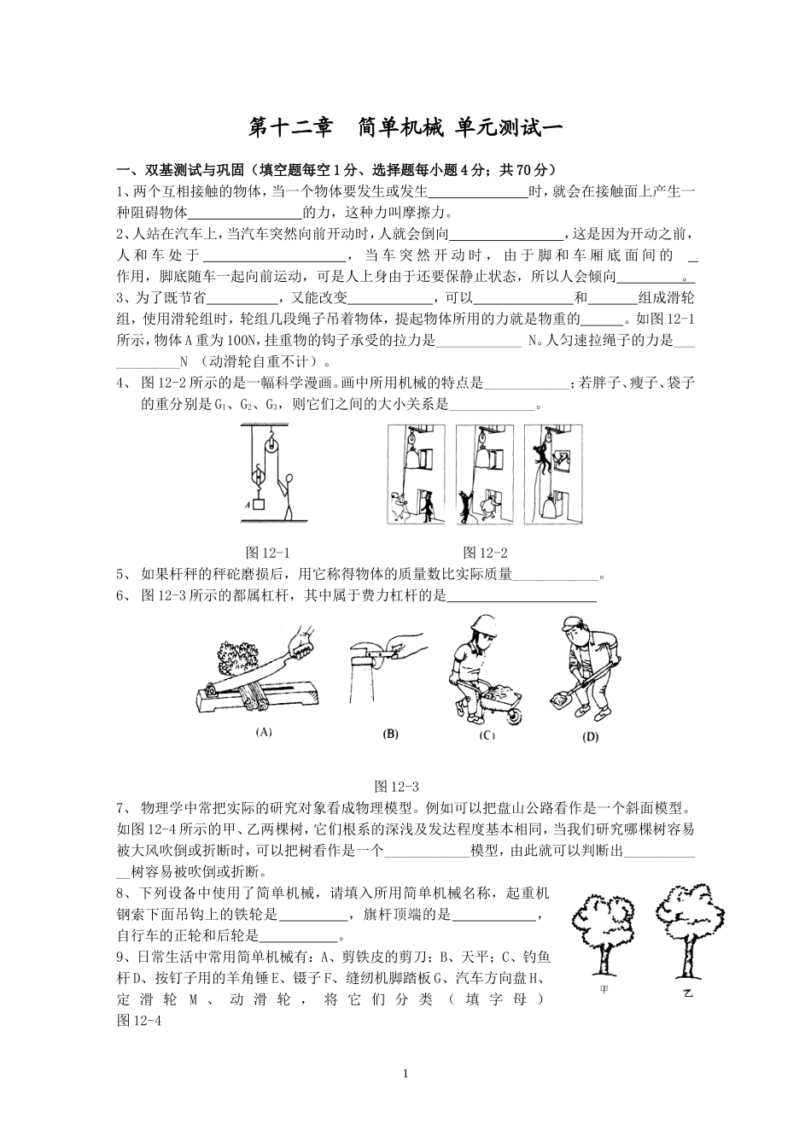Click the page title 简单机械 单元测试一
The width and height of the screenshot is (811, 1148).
click(x=405, y=127)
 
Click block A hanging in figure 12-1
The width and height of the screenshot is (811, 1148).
click(x=258, y=504)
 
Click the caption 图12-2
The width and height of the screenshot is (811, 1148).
click(x=485, y=553)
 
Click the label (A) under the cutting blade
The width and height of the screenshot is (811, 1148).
click(x=264, y=731)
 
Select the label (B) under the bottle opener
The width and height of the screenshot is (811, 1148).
click(x=390, y=732)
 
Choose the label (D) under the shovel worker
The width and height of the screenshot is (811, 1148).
click(x=588, y=735)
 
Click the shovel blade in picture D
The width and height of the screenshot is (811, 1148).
click(x=561, y=700)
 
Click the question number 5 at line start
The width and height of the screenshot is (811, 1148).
click(x=120, y=575)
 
